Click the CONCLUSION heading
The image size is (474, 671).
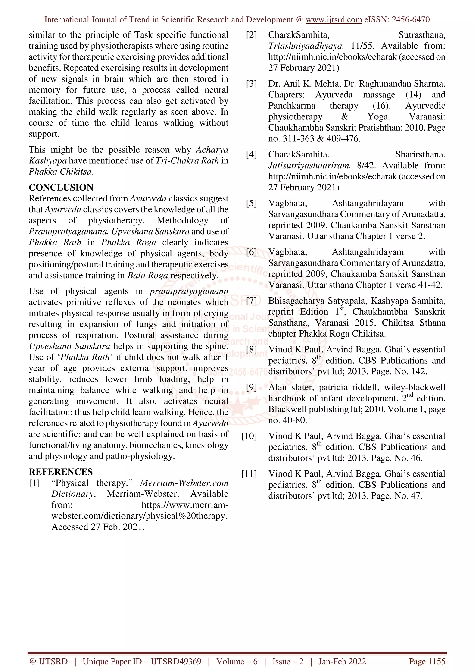61,187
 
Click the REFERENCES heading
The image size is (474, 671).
61,472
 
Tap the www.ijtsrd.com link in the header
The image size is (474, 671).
334,20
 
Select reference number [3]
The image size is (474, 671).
251,84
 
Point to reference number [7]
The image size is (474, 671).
251,301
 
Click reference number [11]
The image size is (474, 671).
249,474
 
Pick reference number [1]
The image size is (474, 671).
34,483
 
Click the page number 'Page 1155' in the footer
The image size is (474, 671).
427,661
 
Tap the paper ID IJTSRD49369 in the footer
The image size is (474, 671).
176,661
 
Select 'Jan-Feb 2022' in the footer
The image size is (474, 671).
342,661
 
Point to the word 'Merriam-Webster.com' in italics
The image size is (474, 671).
184,483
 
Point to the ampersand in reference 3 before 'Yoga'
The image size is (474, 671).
345,117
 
